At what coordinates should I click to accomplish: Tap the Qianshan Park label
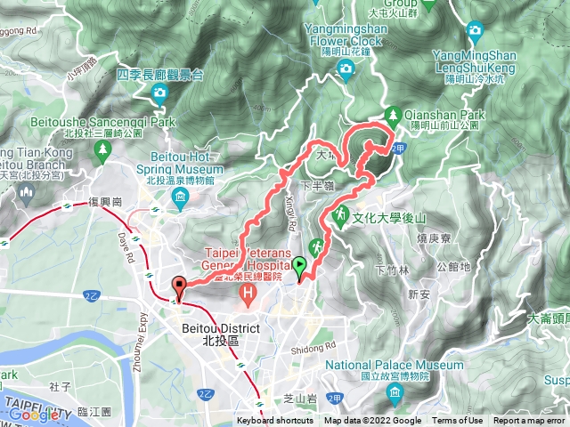[434, 114]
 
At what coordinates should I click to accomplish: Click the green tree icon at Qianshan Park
[394, 114]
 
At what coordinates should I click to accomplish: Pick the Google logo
[34, 414]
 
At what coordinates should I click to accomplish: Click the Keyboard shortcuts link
[274, 421]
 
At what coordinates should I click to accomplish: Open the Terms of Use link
[458, 421]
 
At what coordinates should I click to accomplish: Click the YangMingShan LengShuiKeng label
[475, 60]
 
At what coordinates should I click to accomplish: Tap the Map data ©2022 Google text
[373, 421]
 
